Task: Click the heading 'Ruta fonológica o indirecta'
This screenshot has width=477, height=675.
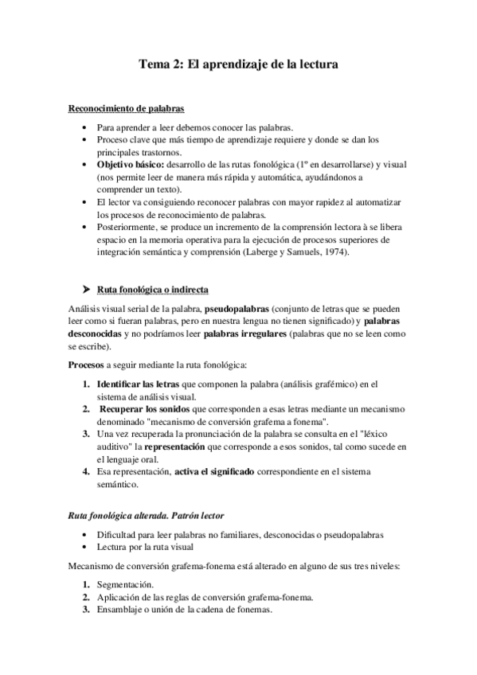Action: pyautogui.click(x=152, y=288)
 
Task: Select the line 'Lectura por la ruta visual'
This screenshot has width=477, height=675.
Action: pyautogui.click(x=149, y=548)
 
